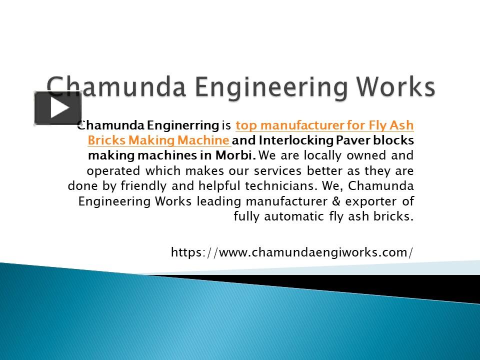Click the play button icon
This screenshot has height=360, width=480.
57,108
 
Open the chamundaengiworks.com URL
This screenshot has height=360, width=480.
292,252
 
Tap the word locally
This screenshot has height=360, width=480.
318,155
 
